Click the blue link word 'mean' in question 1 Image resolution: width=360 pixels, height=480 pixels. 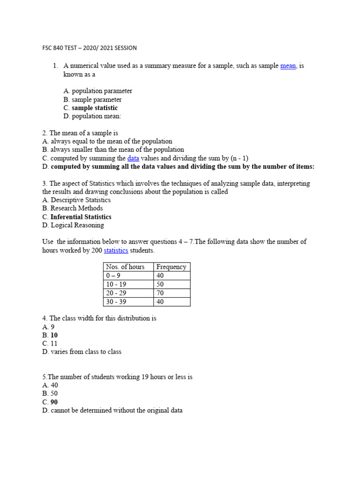[288, 66]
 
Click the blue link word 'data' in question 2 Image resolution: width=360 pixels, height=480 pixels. [133, 158]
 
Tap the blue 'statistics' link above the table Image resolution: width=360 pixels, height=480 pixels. [116, 250]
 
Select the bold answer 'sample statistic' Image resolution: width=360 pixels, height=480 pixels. [95, 108]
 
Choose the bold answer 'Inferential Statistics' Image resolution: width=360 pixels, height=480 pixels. [81, 217]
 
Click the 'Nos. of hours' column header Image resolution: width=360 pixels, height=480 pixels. [126, 267]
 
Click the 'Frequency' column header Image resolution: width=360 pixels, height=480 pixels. [171, 267]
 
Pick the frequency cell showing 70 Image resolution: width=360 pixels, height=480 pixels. [160, 293]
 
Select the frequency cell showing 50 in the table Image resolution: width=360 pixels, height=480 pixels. [160, 284]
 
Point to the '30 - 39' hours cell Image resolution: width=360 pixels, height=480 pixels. [117, 302]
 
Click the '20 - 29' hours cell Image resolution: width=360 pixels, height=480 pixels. [117, 293]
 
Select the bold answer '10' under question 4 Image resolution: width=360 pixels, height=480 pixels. [54, 336]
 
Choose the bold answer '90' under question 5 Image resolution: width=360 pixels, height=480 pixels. [54, 402]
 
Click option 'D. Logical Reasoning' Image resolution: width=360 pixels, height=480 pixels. [73, 225]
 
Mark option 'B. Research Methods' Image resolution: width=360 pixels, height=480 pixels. [72, 208]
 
